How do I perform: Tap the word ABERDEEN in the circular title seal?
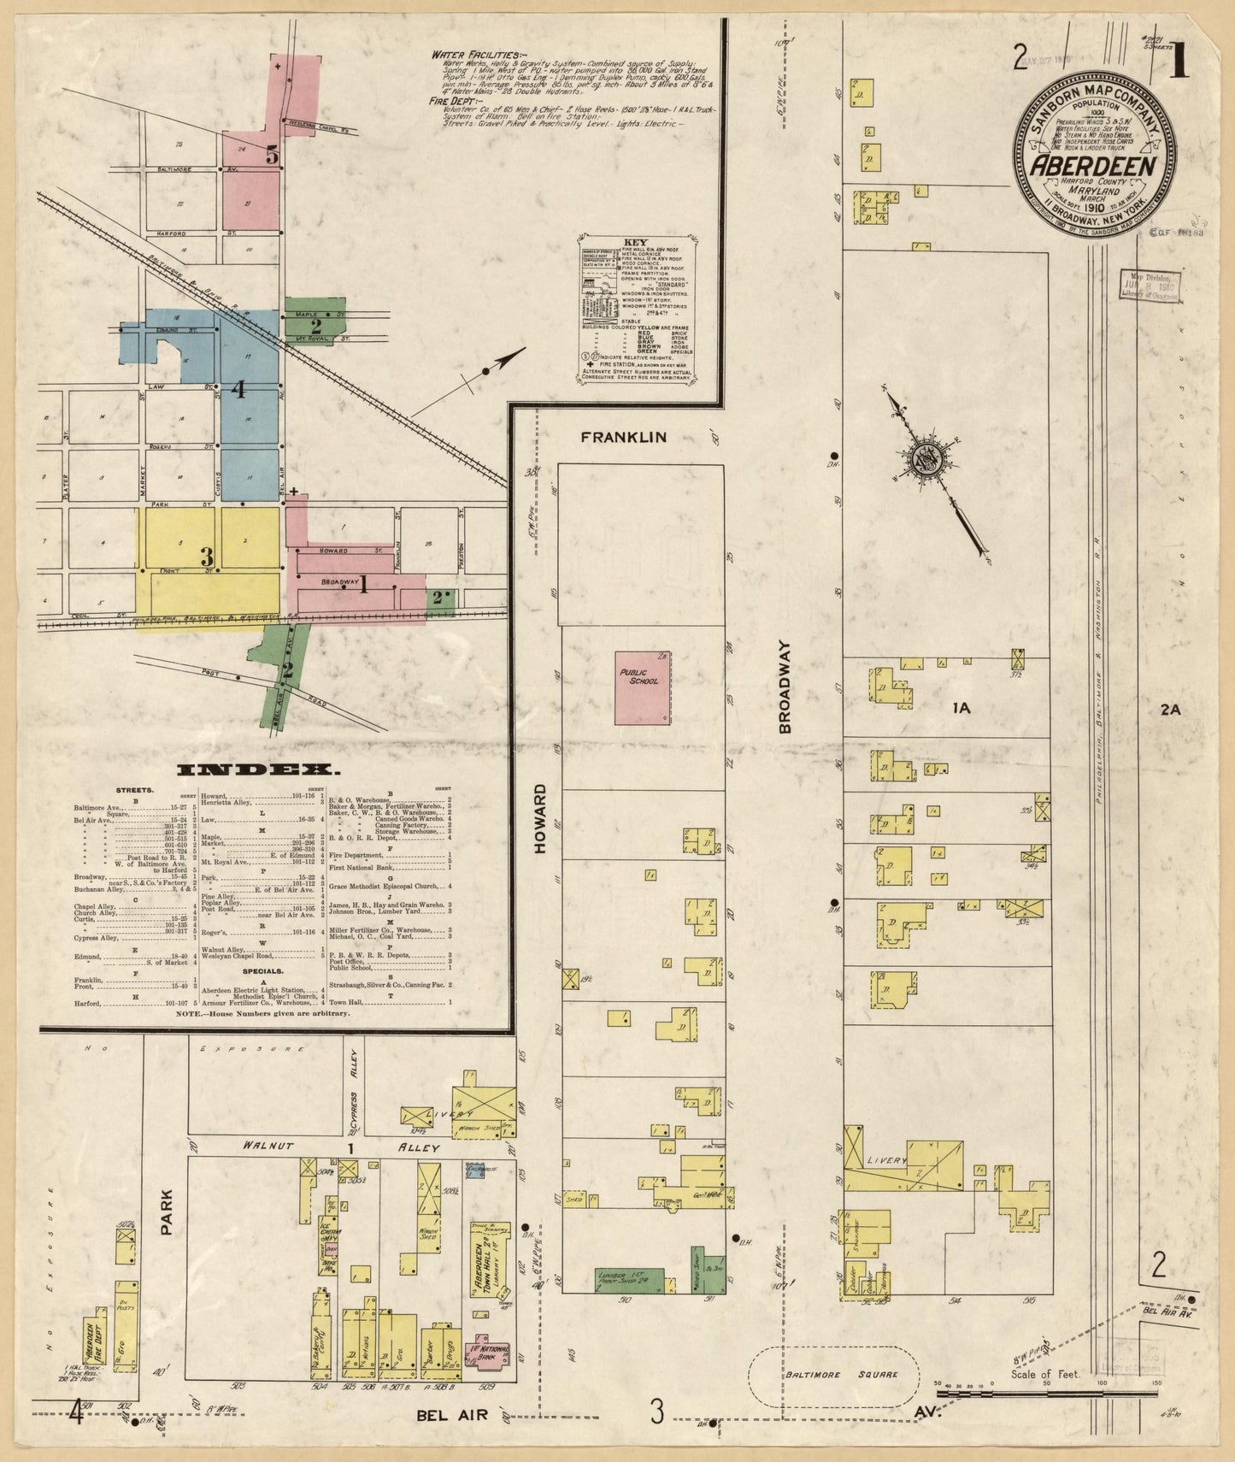1093,166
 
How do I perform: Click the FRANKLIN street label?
623,437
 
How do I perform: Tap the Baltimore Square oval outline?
833,1376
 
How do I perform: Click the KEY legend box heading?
637,242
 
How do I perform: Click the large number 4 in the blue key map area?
238,390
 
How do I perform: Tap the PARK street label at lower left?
167,1212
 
